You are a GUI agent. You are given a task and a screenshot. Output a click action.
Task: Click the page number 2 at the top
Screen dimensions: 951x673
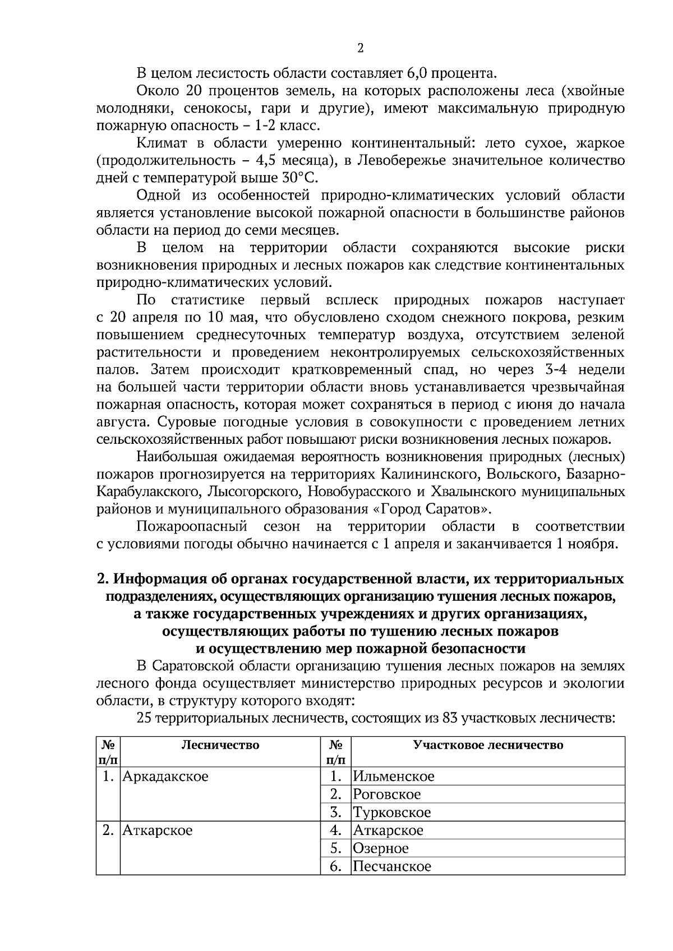click(x=360, y=48)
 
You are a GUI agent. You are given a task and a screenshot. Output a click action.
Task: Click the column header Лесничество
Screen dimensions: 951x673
click(x=220, y=745)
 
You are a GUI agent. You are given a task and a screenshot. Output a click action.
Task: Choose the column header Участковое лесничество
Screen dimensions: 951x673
click(x=488, y=745)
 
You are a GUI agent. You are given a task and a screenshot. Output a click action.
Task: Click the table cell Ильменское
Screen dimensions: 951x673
click(x=394, y=777)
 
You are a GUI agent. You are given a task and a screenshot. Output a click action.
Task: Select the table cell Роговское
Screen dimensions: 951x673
click(x=386, y=795)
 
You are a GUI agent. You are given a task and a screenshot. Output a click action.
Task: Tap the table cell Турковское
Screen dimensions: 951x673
click(x=392, y=813)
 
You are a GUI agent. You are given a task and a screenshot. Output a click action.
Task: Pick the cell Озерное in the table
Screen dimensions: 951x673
click(x=381, y=848)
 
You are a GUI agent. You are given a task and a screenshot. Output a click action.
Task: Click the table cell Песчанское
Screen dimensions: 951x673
click(x=392, y=867)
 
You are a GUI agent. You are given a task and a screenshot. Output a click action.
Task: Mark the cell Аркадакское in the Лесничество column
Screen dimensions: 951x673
click(x=165, y=777)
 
